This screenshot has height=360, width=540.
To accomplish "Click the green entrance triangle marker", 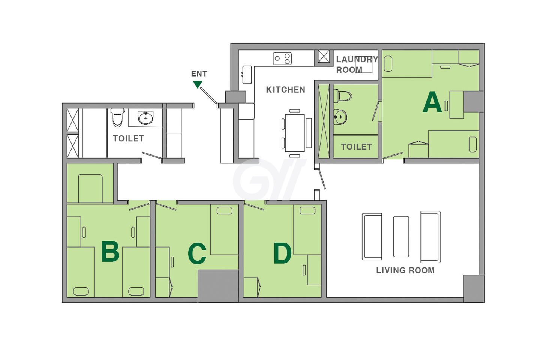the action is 198,84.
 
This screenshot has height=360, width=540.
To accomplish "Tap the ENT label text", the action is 199,73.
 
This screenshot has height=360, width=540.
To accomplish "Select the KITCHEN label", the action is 286,90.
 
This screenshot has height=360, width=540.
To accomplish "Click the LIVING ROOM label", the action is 405,270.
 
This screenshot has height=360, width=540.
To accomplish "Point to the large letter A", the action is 432,102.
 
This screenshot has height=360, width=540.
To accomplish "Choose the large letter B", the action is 110,251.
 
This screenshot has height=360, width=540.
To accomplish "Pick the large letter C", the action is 197,253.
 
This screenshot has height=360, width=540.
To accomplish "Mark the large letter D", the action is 282,253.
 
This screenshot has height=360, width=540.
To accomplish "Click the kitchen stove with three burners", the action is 282,58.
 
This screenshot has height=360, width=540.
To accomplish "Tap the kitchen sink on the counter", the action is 247,75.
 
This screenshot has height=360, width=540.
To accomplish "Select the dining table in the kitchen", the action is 295,133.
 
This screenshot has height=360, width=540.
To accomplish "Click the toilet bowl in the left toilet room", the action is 117,117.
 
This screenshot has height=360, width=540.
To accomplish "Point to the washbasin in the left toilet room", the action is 145,118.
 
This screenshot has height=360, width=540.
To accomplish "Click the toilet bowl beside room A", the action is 343,96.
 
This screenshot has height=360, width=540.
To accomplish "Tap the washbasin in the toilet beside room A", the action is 340,117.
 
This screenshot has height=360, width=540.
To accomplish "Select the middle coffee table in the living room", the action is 401,237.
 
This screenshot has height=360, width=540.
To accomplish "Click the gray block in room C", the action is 218,286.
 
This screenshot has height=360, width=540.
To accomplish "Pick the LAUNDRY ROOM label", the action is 357,64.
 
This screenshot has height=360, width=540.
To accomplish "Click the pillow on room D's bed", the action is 307,210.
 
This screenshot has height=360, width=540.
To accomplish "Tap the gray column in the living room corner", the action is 474,289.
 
